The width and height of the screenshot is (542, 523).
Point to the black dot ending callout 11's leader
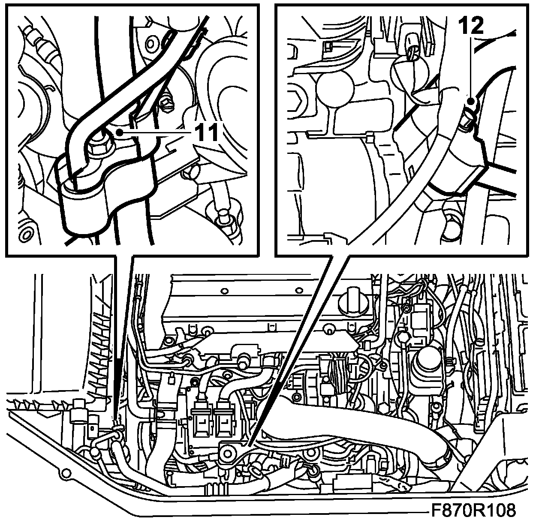point(120,132)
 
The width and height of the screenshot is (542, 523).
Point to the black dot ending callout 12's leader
point(470,101)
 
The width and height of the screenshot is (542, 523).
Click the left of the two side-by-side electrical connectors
point(202,427)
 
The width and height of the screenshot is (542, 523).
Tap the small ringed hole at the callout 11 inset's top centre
point(151,44)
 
